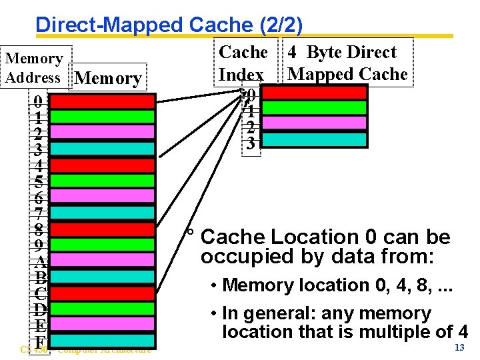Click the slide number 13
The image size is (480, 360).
(x=459, y=349)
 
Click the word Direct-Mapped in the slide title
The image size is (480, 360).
(x=110, y=25)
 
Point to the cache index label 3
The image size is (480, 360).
(x=250, y=143)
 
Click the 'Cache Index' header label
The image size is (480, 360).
(x=243, y=63)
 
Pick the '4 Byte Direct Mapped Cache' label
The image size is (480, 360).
(x=347, y=63)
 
